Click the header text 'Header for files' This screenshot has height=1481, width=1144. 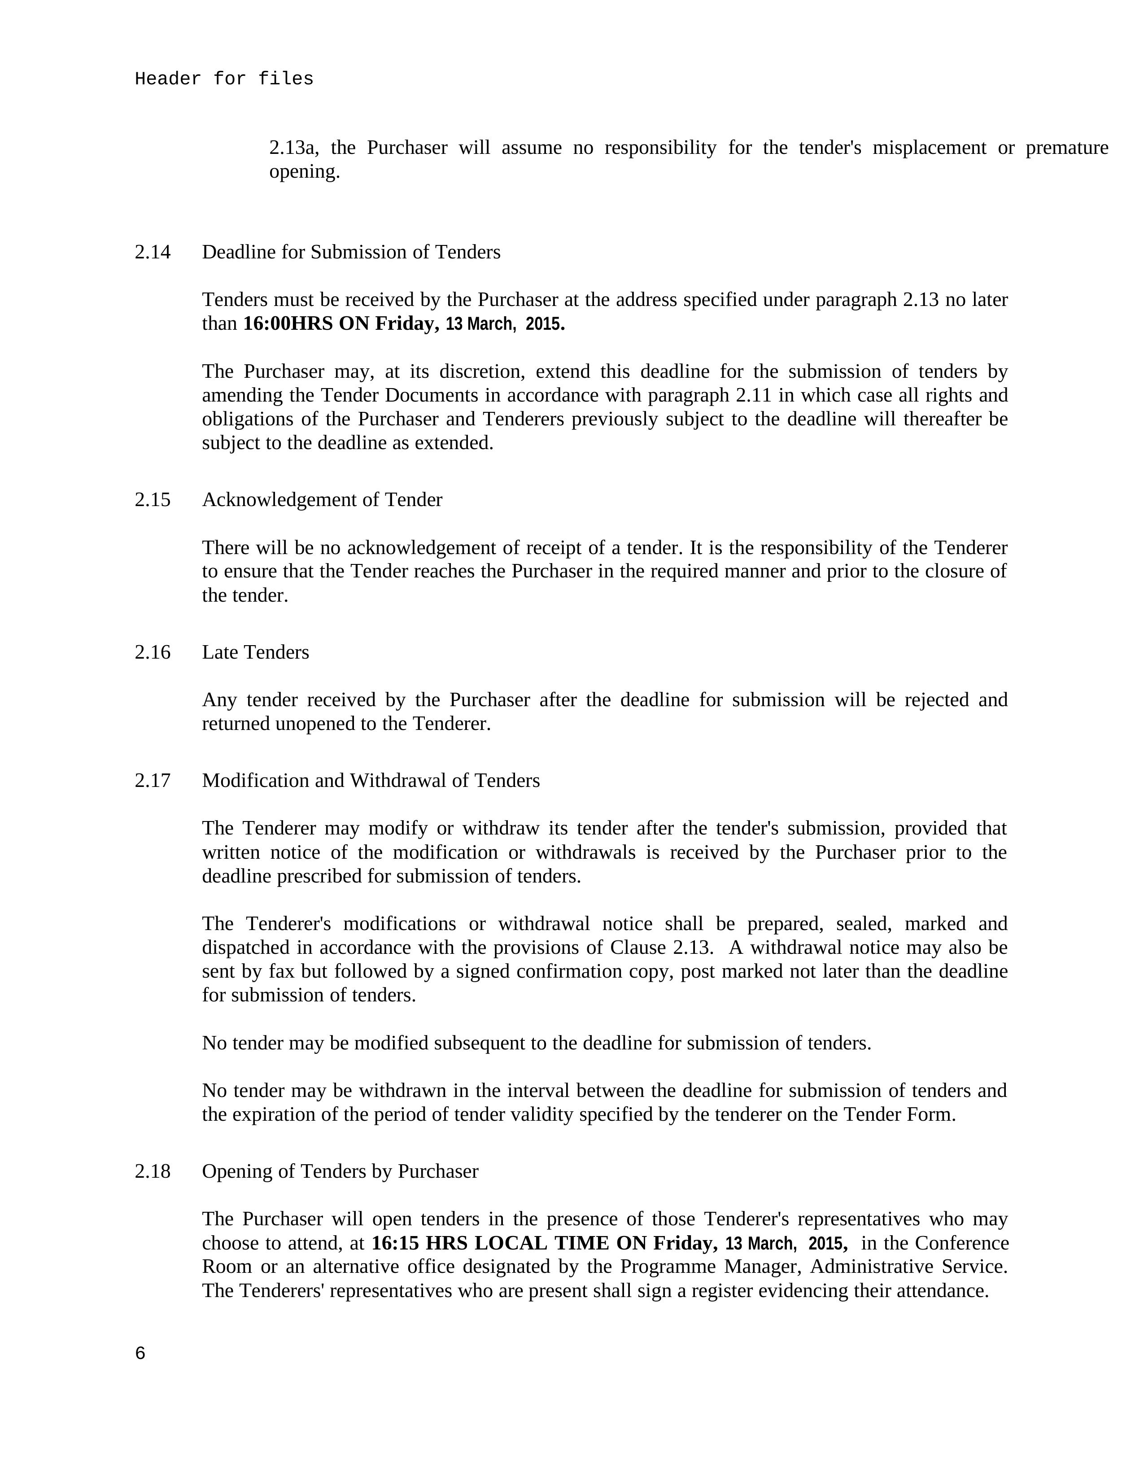coord(224,79)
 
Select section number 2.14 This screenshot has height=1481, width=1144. coord(153,252)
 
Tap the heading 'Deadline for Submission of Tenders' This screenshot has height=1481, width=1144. coord(351,252)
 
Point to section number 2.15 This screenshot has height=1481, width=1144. coord(153,500)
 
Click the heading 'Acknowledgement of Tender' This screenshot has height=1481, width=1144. coord(322,500)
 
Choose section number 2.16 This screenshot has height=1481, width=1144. coord(153,652)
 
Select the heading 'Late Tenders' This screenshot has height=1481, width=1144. coord(256,652)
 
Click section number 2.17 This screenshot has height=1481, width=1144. coord(153,781)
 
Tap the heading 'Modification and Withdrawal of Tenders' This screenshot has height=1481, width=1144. coord(371,781)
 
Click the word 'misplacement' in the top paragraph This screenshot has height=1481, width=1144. coord(929,148)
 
